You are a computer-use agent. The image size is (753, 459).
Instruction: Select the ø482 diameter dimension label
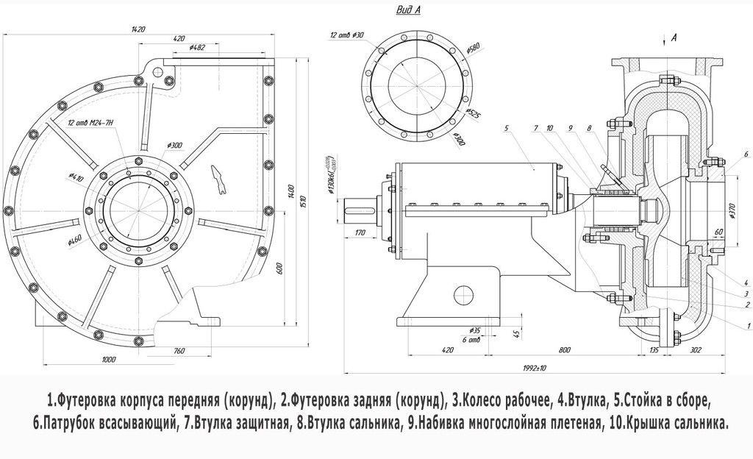click(196, 48)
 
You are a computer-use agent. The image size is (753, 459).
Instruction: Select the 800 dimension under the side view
click(565, 350)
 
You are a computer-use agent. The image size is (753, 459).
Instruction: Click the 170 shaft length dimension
click(360, 233)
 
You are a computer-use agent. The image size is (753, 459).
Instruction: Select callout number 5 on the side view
click(507, 128)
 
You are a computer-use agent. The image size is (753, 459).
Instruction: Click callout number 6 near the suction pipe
click(746, 154)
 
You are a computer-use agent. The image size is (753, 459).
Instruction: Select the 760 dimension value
click(178, 351)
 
